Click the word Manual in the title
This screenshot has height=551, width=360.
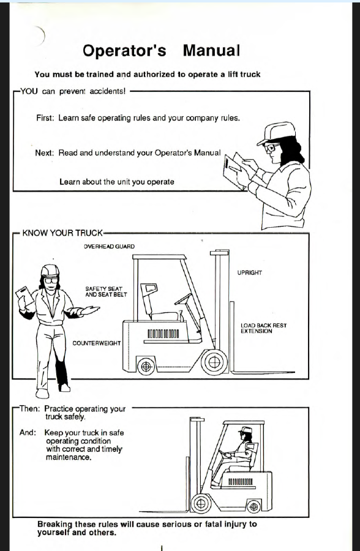[211, 50]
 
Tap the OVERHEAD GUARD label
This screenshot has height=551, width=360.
[109, 246]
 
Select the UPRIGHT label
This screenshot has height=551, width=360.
[250, 272]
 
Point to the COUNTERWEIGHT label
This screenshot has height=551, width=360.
[96, 343]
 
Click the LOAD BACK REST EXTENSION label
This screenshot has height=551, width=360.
[263, 328]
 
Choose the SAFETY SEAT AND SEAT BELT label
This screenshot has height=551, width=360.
[106, 291]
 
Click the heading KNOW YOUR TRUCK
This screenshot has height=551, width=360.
[62, 233]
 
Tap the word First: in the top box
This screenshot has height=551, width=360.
[45, 118]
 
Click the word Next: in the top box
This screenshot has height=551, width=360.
[44, 153]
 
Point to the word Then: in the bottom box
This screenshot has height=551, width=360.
[29, 409]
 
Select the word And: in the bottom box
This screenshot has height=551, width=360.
[28, 433]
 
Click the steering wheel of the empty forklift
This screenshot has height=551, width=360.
[183, 299]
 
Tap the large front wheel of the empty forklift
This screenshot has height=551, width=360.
[214, 362]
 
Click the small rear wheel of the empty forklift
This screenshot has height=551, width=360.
[146, 367]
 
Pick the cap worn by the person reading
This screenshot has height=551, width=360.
[276, 133]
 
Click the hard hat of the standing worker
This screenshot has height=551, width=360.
[50, 271]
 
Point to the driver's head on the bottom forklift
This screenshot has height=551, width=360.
[246, 433]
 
